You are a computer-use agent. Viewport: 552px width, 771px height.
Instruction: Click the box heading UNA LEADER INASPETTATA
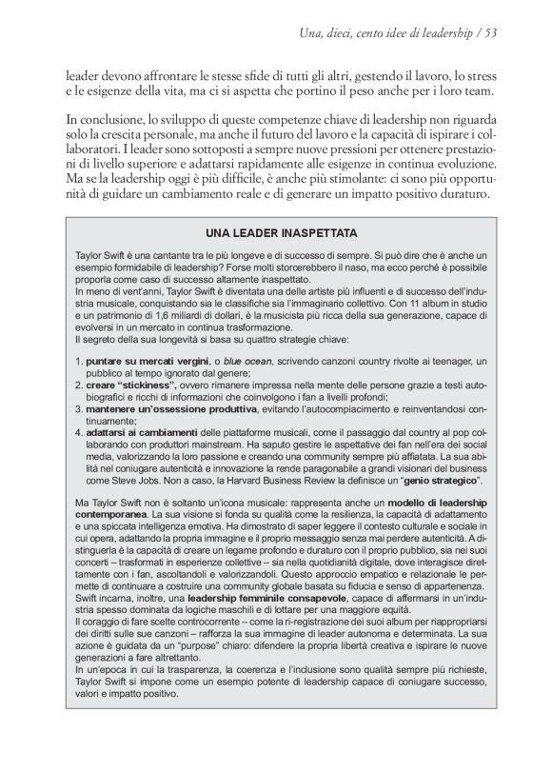pos(281,231)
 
